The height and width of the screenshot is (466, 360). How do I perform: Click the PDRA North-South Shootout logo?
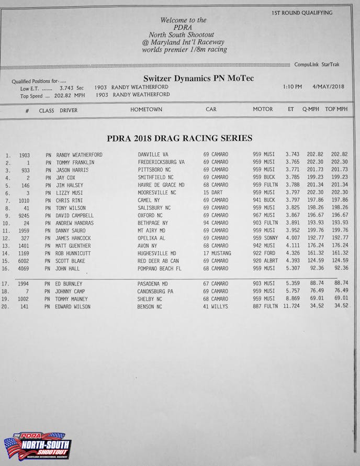tap(37, 447)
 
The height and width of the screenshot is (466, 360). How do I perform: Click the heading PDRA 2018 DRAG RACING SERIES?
tap(179, 138)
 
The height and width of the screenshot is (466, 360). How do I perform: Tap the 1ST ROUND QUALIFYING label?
tap(302, 13)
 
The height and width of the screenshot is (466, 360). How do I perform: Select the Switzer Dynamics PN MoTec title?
tap(198, 79)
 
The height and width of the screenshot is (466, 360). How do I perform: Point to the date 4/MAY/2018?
tap(328, 87)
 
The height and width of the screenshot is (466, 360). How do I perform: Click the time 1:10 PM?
tap(292, 87)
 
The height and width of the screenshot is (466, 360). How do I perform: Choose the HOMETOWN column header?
tap(146, 109)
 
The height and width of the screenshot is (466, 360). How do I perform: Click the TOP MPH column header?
tap(336, 109)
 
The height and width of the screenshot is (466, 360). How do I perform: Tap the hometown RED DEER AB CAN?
tap(158, 261)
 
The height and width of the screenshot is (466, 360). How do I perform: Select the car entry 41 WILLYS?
tap(216, 307)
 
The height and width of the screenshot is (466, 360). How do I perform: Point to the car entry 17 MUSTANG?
tap(217, 253)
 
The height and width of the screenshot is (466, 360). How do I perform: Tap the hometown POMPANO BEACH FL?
tap(159, 269)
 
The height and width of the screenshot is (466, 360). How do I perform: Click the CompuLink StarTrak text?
tap(317, 64)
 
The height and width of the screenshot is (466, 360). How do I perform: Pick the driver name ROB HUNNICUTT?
tap(73, 253)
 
